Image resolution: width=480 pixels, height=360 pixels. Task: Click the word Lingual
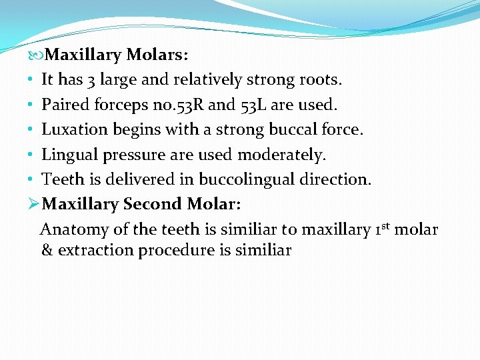tap(69, 155)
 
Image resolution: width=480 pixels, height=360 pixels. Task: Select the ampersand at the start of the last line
tap(47, 251)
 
